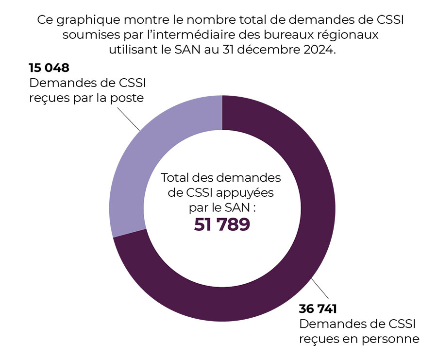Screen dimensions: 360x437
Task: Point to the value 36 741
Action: (x=319, y=309)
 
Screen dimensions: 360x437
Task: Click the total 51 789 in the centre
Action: (x=222, y=224)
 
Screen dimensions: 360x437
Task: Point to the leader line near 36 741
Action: (x=318, y=289)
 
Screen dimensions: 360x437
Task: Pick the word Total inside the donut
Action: (x=176, y=177)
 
